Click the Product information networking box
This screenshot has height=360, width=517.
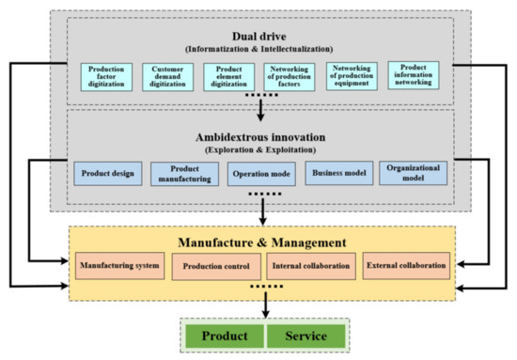(416, 76)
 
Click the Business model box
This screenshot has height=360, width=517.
(336, 174)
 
